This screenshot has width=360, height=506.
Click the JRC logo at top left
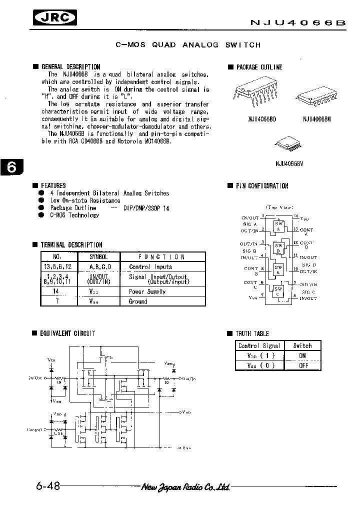(x=55, y=18)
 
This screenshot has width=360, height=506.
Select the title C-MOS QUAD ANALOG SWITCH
(x=188, y=45)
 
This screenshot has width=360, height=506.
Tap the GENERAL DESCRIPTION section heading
(x=70, y=66)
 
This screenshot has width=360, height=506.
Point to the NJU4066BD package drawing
(x=253, y=93)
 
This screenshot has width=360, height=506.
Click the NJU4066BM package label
(x=316, y=118)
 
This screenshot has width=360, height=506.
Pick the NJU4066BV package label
(x=290, y=163)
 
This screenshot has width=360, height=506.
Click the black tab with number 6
(x=11, y=168)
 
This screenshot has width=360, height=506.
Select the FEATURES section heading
(x=53, y=185)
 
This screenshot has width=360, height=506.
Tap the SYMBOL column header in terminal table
(x=98, y=256)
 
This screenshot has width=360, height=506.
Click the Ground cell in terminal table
(x=138, y=301)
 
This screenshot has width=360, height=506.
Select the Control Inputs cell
(x=150, y=267)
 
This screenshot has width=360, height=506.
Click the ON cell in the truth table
(x=302, y=355)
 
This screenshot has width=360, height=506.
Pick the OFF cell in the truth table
(x=302, y=365)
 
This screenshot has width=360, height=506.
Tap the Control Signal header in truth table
(x=259, y=345)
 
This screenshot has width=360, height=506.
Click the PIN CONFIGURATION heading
(x=262, y=186)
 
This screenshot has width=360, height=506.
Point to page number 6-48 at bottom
(x=48, y=486)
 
